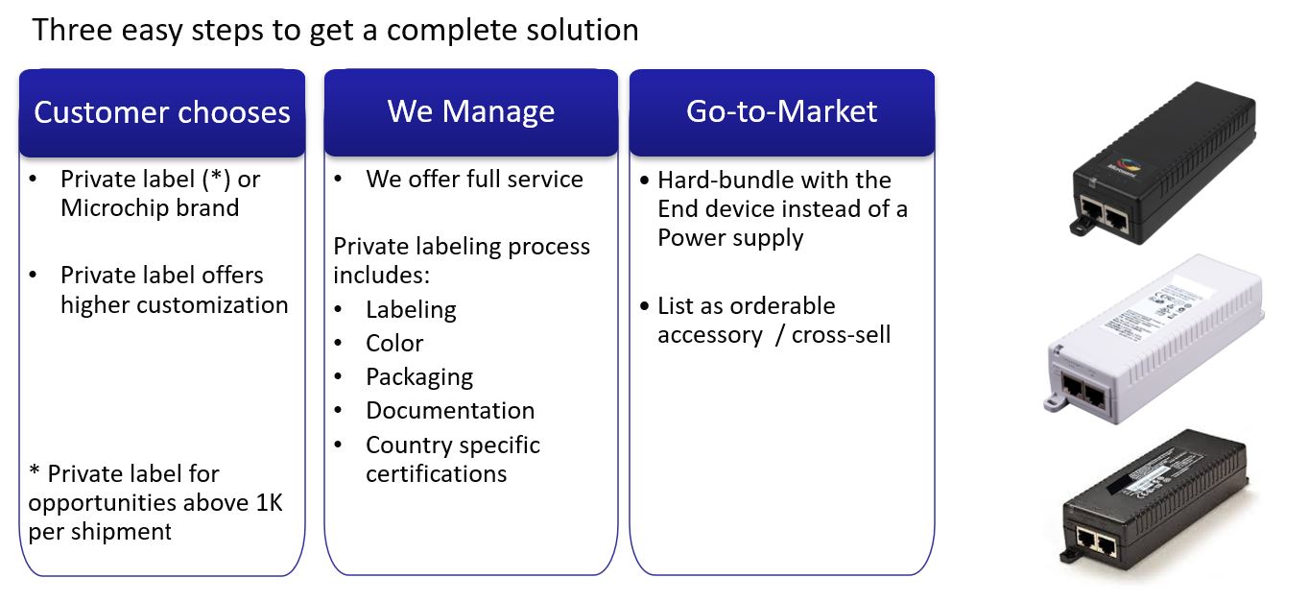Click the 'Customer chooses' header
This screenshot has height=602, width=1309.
[162, 112]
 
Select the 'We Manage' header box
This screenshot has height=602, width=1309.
[471, 112]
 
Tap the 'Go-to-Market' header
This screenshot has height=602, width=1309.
[782, 112]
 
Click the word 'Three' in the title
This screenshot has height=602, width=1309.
[72, 30]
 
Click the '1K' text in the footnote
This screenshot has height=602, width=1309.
[270, 502]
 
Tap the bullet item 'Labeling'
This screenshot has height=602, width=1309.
[411, 310]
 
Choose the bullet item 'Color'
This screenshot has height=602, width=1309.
[394, 343]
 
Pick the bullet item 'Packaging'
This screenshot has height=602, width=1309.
[419, 377]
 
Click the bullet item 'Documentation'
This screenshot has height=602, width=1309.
[450, 410]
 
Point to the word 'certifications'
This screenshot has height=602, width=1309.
[437, 474]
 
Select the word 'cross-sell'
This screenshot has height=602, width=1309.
[841, 335]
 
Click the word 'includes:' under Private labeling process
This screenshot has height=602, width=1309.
[382, 275]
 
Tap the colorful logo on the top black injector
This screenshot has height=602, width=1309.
[1125, 166]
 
